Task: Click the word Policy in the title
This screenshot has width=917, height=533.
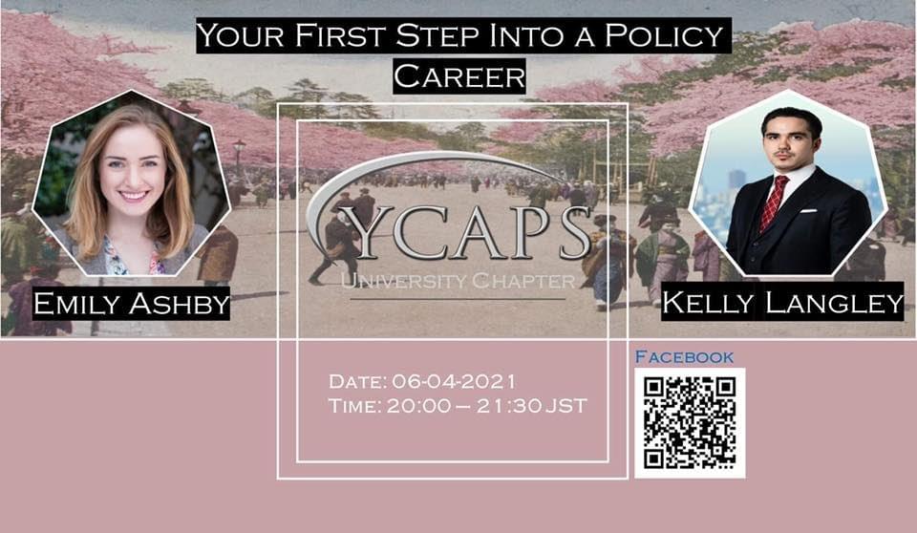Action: point(664,36)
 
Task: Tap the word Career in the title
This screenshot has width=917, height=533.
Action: point(459,76)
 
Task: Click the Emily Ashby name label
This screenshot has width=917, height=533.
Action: point(131,303)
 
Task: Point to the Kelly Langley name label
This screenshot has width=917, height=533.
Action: point(782,303)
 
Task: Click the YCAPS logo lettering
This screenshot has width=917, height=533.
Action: point(471,232)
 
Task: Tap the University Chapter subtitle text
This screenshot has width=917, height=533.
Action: point(458,281)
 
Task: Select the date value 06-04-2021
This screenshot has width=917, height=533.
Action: point(453,381)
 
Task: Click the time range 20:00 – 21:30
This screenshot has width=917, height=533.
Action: point(464,406)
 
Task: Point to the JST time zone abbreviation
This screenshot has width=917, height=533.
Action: point(566,406)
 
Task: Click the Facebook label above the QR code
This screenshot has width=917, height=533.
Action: point(684,356)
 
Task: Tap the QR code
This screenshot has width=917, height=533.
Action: point(690,423)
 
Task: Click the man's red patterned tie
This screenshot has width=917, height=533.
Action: point(773,203)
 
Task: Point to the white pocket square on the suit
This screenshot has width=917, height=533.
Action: point(808,211)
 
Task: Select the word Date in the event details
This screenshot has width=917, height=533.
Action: point(357,381)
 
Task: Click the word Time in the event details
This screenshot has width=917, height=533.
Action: point(354,406)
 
